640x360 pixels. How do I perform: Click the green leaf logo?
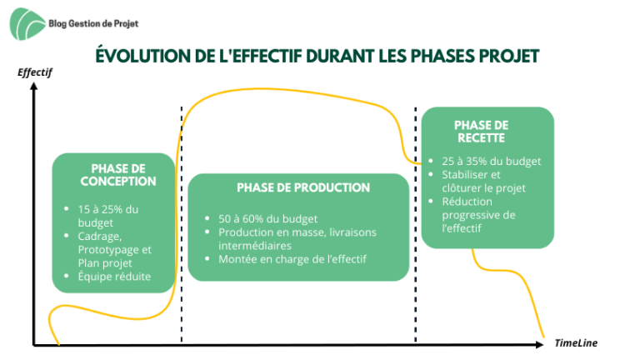(27, 24)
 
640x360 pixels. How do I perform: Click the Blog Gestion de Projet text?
(93, 23)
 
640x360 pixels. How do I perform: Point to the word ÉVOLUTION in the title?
(142, 56)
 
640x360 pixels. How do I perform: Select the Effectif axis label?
(35, 72)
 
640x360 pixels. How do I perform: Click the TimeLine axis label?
(576, 342)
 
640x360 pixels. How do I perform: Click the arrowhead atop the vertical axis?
(34, 86)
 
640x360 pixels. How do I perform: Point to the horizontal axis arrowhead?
(540, 345)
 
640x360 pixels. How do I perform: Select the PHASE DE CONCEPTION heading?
(118, 175)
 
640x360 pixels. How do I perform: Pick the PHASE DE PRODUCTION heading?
(303, 187)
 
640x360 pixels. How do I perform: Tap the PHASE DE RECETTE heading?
(481, 132)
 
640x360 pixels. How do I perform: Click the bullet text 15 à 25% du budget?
(108, 216)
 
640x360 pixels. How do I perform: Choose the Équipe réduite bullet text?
(114, 277)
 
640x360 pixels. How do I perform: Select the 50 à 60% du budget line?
(267, 219)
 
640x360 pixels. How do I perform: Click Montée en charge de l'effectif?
(292, 259)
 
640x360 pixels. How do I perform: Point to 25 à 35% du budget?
(491, 161)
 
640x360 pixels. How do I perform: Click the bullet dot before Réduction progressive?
(431, 201)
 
